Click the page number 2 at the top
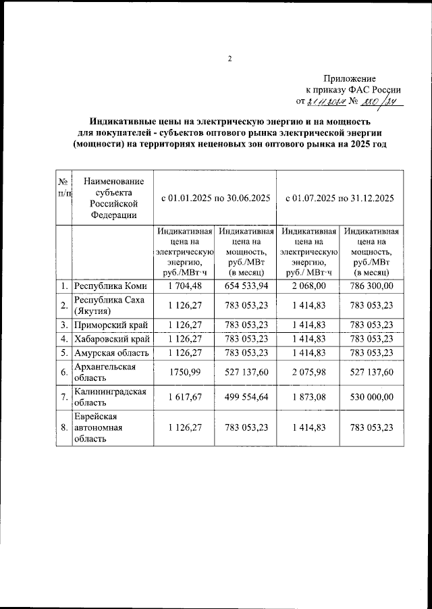tap(230, 59)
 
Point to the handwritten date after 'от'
tap(327, 102)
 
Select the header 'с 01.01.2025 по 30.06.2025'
tap(215, 198)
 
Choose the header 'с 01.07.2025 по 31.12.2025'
tap(340, 198)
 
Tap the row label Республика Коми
tap(110, 286)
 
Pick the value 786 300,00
tap(372, 286)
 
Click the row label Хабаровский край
tap(111, 338)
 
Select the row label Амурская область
tap(110, 352)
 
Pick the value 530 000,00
tap(372, 398)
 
